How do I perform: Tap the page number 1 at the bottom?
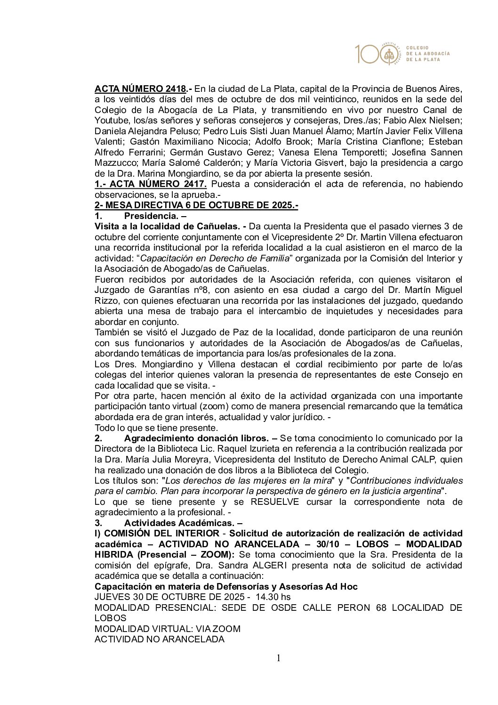pos(278,658)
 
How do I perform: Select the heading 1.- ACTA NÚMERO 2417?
pos(151,184)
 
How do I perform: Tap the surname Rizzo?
pos(106,300)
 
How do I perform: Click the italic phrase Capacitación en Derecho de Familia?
pos(214,258)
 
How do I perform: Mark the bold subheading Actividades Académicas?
pos(184,523)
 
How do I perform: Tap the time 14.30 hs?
pos(273,597)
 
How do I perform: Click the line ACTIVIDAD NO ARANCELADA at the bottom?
pos(160,639)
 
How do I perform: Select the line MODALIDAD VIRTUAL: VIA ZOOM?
pos(168,629)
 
